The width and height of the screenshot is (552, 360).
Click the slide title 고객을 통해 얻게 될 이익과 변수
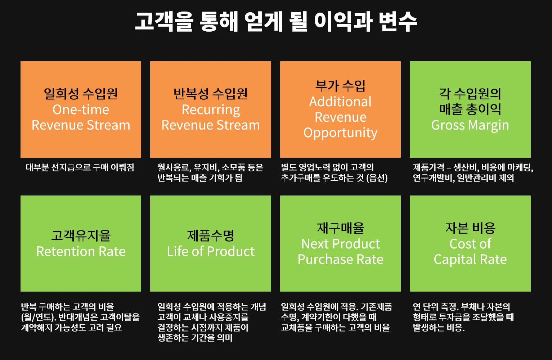pos(276,21)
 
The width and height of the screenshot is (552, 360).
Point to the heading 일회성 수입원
pos(81,94)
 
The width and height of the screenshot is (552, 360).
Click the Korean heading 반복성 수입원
pos(211,94)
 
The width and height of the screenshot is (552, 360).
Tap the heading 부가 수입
pos(340,86)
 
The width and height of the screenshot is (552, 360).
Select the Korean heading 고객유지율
pos(81,235)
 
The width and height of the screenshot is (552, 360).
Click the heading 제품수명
pos(211,235)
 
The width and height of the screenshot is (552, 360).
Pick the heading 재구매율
pos(340,228)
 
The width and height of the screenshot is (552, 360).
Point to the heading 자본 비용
pos(470,228)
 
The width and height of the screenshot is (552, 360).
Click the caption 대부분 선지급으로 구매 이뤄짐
pos(80,167)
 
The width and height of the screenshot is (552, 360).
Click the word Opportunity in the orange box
pos(340,133)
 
